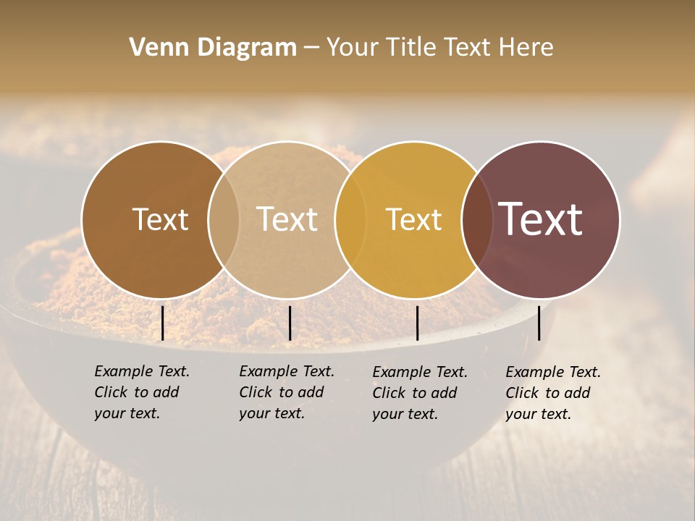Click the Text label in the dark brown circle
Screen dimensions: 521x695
(160, 219)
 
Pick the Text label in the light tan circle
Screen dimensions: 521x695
(287, 219)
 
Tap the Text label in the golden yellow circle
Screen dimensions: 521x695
(413, 219)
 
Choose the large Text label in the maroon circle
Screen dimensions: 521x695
(541, 219)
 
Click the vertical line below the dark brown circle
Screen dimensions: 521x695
(162, 323)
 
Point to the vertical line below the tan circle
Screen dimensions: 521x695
(290, 323)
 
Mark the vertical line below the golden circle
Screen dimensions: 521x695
(417, 323)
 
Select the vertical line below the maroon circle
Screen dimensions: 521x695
(539, 323)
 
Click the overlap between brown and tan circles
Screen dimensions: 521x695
(224, 219)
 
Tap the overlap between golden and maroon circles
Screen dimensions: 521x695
(476, 219)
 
